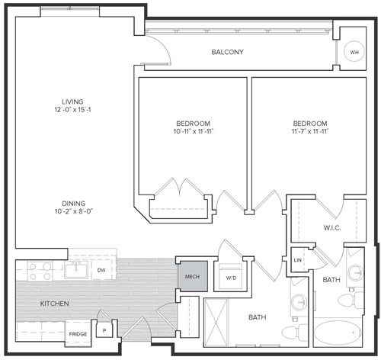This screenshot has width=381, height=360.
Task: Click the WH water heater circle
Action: [x=354, y=51]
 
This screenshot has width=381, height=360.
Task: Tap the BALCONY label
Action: [x=227, y=52]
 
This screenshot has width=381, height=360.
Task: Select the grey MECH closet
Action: [x=192, y=276]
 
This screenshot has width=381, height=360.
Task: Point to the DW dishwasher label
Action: [x=101, y=270]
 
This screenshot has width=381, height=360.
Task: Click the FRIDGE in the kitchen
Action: [x=78, y=333]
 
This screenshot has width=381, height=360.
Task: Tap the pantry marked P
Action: [x=104, y=330]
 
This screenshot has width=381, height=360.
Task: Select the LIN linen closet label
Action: [x=297, y=260]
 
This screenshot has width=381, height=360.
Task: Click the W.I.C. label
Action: [x=332, y=228]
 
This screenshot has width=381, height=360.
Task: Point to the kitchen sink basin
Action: [x=76, y=270]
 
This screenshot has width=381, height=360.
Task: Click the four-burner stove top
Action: [x=40, y=271]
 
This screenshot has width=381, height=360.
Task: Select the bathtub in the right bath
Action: [x=338, y=332]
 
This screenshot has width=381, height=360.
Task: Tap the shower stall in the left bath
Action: [x=216, y=323]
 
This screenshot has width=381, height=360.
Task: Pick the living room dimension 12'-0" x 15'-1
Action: [x=72, y=110]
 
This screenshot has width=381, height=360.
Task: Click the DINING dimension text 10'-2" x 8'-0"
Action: [x=74, y=211]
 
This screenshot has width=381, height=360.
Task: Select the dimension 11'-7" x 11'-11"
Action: [x=310, y=131]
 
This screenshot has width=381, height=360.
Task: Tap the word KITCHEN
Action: [x=54, y=304]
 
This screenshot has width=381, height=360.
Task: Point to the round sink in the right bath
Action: [x=356, y=273]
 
